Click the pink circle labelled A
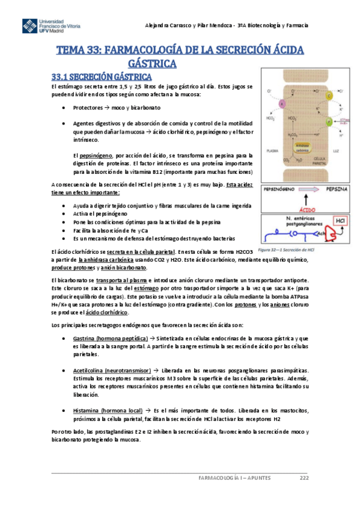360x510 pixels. point(283,104)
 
